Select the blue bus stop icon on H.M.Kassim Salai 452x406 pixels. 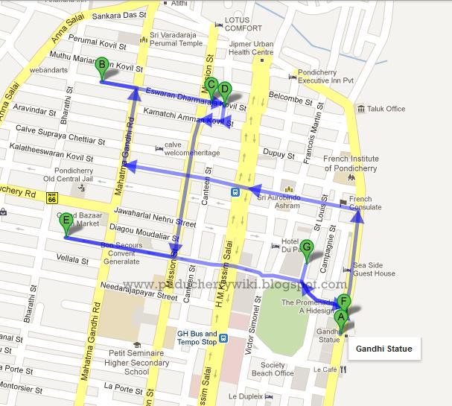(235, 191)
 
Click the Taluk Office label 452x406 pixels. (385, 109)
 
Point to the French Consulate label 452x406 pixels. (360, 203)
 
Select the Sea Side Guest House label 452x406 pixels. (374, 269)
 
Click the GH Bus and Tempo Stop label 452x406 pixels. (197, 337)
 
